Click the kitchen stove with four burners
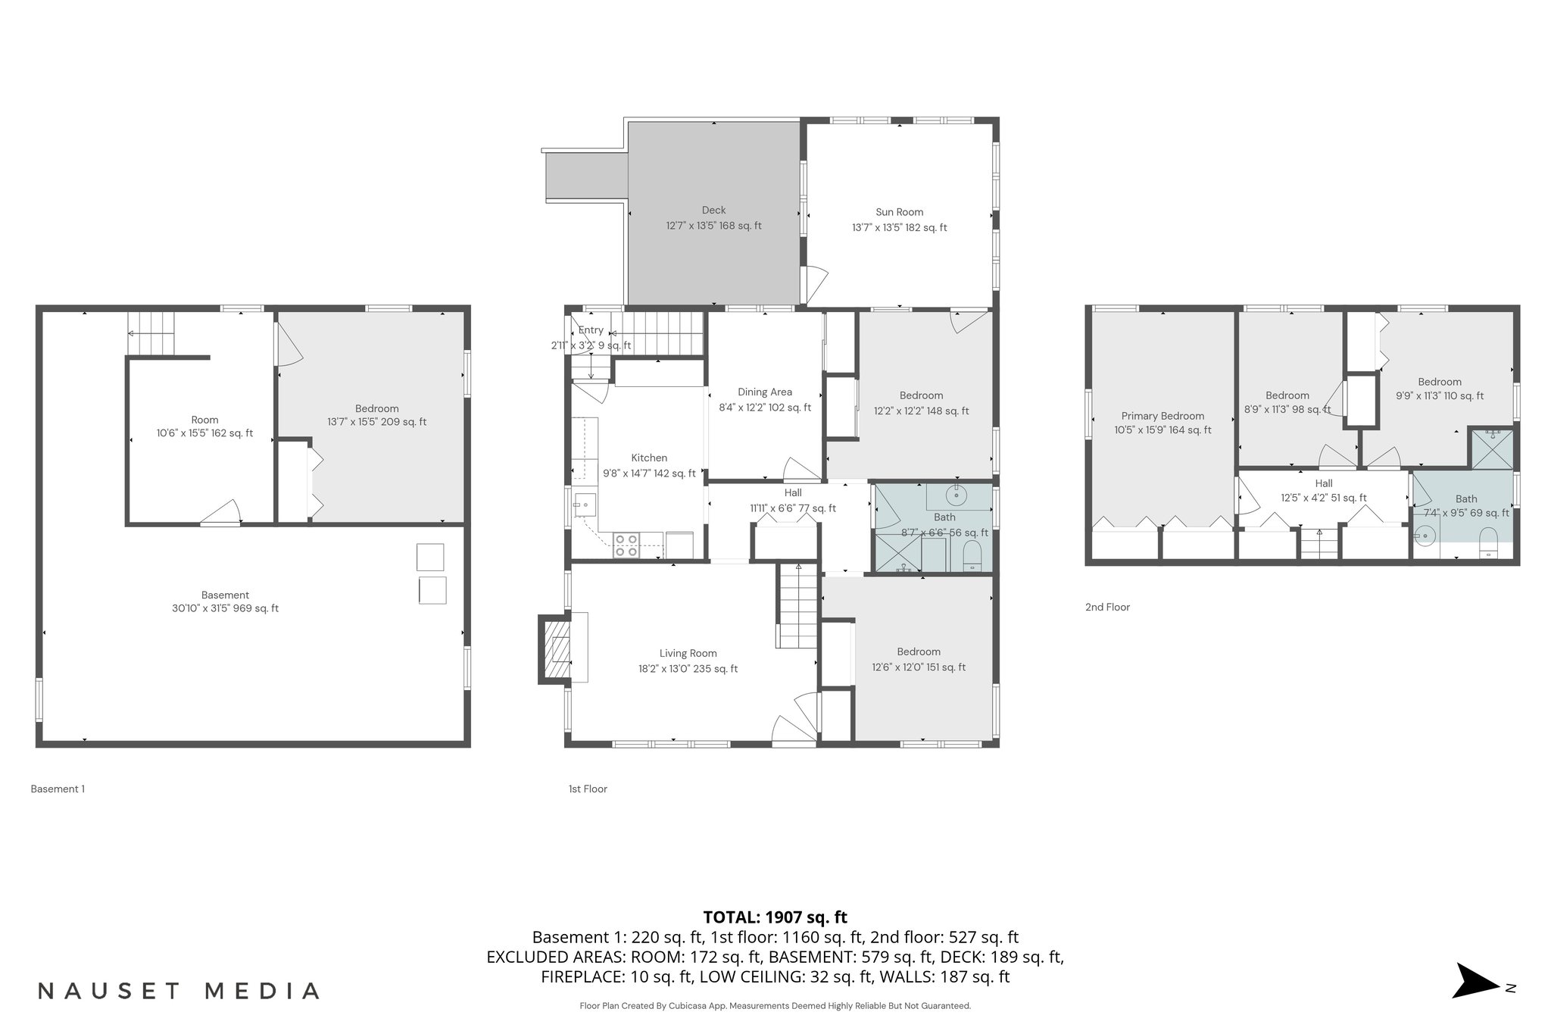(626, 545)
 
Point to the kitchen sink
(585, 503)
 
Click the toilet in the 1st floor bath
(972, 558)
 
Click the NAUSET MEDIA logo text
(179, 991)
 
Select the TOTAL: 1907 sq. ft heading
(775, 917)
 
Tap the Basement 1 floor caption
(58, 789)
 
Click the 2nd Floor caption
(1107, 607)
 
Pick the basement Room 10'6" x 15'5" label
(204, 426)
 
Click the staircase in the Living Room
(797, 606)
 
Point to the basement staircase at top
(151, 333)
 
